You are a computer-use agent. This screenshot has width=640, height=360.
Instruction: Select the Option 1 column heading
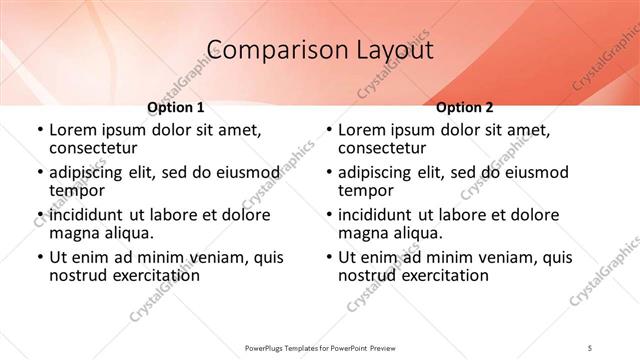pyautogui.click(x=176, y=107)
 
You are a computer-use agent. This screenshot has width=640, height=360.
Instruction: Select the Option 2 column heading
pyautogui.click(x=465, y=107)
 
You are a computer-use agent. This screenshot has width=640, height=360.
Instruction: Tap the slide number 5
pyautogui.click(x=590, y=346)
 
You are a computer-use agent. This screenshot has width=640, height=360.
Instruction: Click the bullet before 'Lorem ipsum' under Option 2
pyautogui.click(x=327, y=130)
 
